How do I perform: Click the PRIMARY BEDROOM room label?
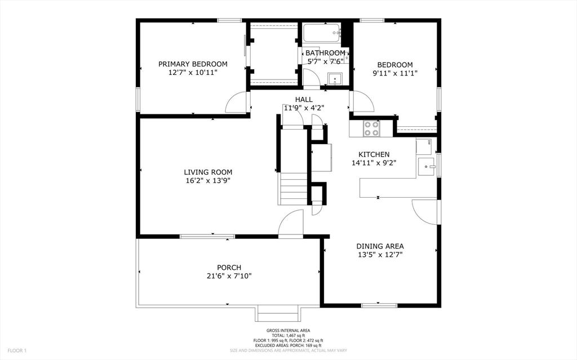click(x=193, y=64)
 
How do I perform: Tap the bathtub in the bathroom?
click(x=322, y=33)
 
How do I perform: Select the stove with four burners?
click(x=371, y=129)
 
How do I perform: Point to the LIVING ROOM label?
click(x=208, y=172)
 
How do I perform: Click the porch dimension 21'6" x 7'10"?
click(x=229, y=276)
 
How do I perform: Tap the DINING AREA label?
click(x=380, y=246)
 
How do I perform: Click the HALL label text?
click(x=304, y=100)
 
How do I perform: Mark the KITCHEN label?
click(x=374, y=154)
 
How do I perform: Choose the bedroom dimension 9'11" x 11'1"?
click(x=394, y=73)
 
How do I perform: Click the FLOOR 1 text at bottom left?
click(x=17, y=350)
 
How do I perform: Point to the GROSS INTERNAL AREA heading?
click(x=288, y=331)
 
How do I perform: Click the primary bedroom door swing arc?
click(x=237, y=103)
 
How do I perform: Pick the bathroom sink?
click(x=335, y=79)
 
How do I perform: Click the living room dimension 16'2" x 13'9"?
click(x=208, y=181)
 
